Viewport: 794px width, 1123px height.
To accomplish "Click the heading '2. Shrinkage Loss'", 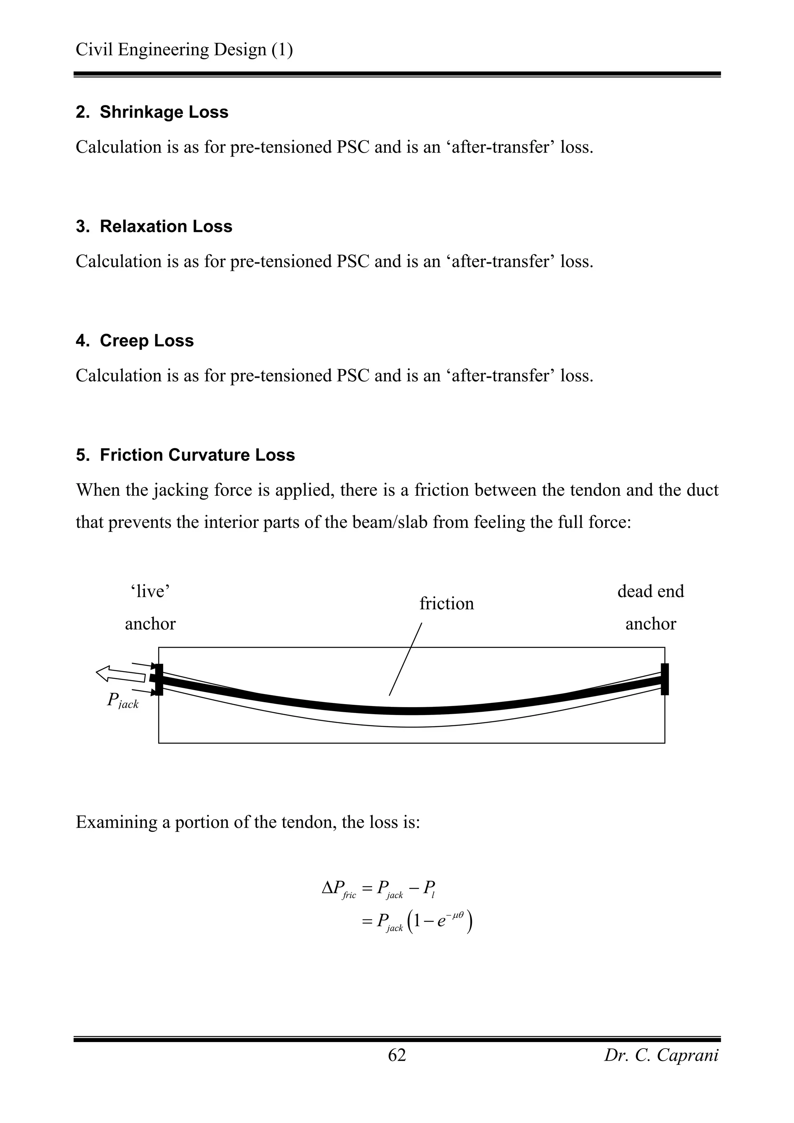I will click(x=152, y=112).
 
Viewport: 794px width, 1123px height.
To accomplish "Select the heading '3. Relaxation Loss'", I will click(x=154, y=226).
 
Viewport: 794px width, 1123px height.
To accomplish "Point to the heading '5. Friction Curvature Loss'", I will click(x=185, y=455).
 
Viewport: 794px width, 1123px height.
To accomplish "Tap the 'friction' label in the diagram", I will click(x=446, y=604).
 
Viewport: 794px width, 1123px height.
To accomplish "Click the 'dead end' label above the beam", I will click(x=650, y=591).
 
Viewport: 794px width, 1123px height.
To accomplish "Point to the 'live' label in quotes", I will click(x=150, y=591).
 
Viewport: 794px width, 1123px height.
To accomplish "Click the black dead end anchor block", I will click(x=665, y=679).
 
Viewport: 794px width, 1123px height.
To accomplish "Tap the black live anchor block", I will click(x=158, y=679).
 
